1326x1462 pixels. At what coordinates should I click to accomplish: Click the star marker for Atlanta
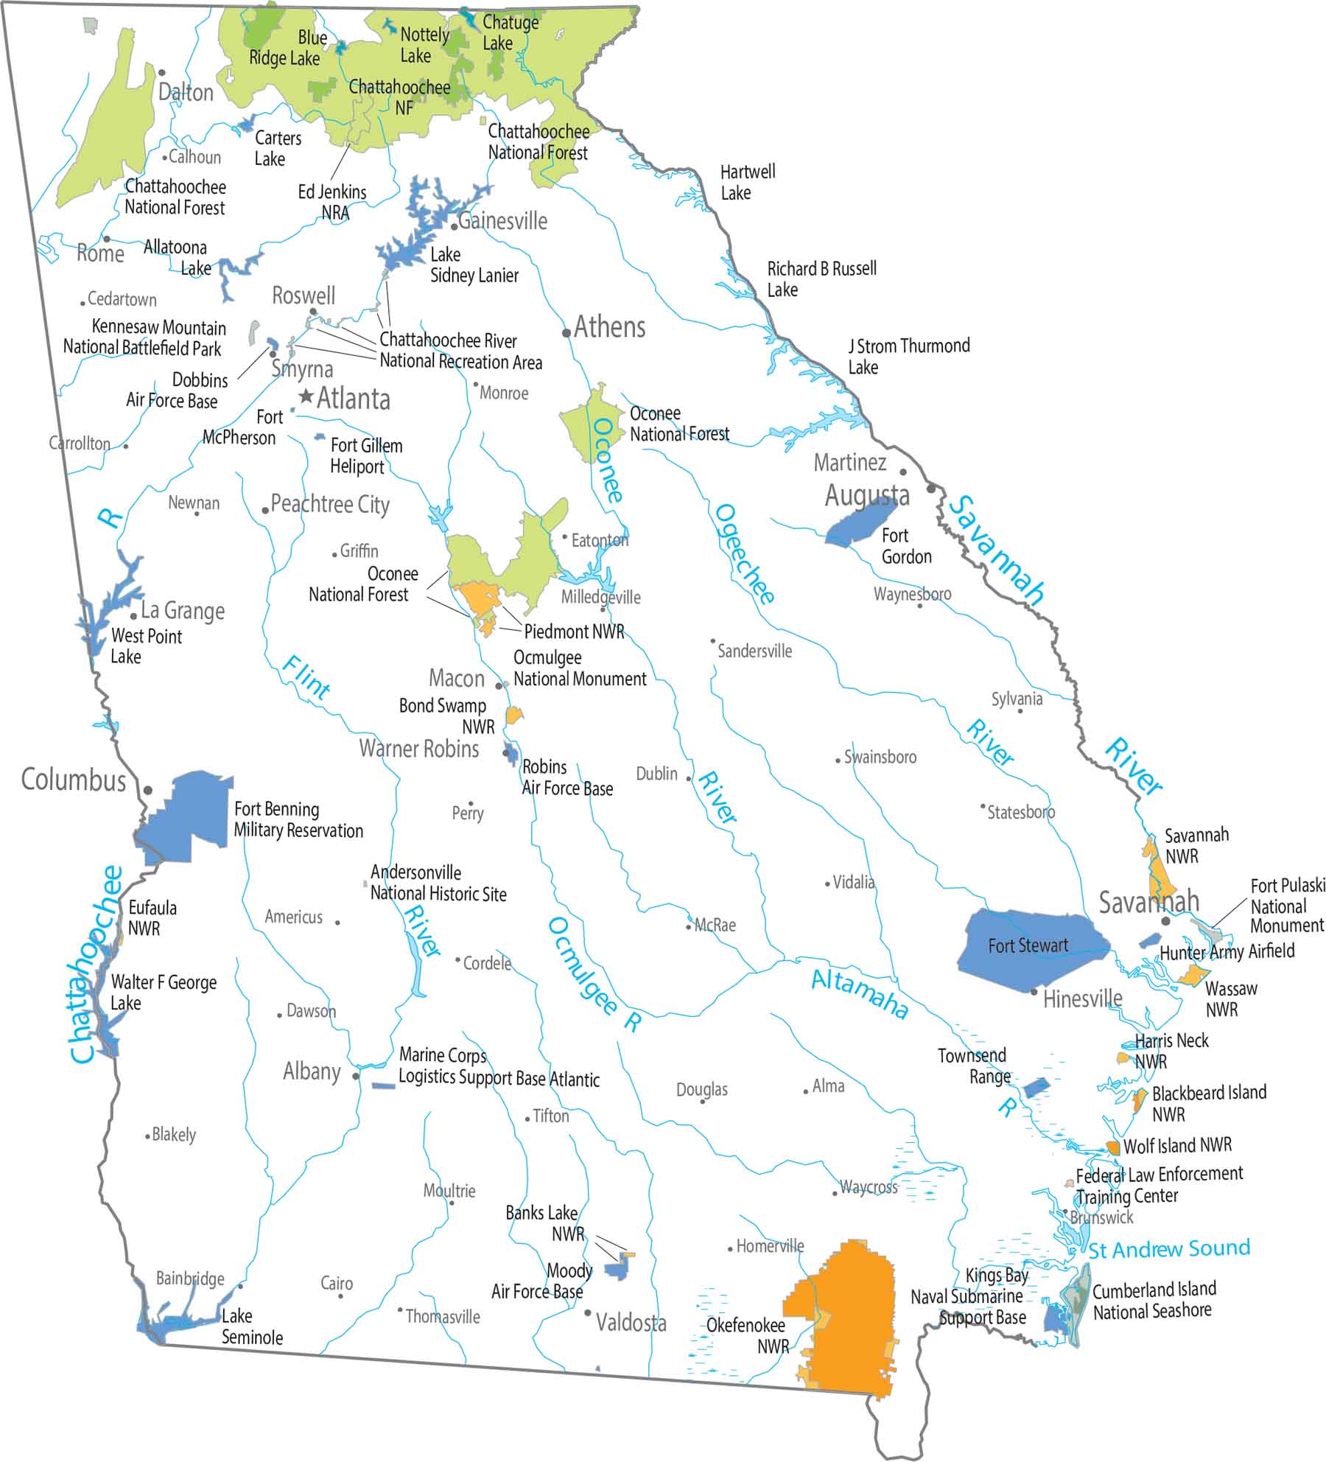(306, 397)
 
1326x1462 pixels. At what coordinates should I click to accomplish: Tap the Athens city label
(609, 327)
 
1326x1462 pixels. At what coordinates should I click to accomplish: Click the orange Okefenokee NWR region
(847, 1319)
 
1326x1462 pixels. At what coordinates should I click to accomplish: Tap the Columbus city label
(74, 780)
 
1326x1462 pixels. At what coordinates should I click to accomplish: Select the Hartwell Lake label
(746, 182)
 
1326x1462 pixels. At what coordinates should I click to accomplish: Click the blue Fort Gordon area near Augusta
(858, 522)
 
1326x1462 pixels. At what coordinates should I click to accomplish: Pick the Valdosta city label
(631, 1323)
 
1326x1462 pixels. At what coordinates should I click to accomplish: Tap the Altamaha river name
(859, 995)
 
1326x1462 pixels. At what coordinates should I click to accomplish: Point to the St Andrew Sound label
(1169, 1249)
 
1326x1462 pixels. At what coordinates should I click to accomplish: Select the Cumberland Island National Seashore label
(1153, 1301)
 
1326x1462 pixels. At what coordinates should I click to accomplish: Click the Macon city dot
(499, 685)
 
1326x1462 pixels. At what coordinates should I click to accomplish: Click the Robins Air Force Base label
(566, 777)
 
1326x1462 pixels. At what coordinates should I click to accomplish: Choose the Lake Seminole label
(252, 1326)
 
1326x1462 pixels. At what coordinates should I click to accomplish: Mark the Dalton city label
(186, 93)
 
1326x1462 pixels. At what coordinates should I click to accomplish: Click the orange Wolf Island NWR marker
(1113, 1147)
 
